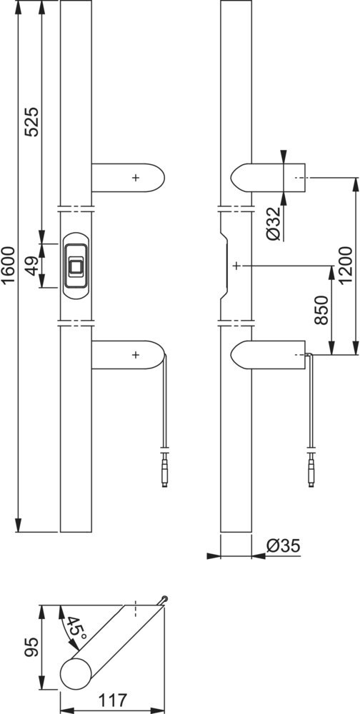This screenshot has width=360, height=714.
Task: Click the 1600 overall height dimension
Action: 8,265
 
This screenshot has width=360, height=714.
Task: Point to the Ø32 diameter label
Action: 274,223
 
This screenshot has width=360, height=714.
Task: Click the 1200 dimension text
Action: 346,265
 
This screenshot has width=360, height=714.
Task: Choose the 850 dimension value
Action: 321,310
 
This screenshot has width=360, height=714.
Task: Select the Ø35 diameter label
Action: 284,545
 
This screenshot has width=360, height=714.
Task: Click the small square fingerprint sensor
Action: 76,266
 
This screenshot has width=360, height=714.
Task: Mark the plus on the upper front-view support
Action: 135,178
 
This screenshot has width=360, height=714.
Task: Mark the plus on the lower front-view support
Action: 135,355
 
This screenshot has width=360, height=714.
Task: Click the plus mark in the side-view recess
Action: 236,266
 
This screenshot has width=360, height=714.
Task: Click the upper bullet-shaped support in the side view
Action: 267,178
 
